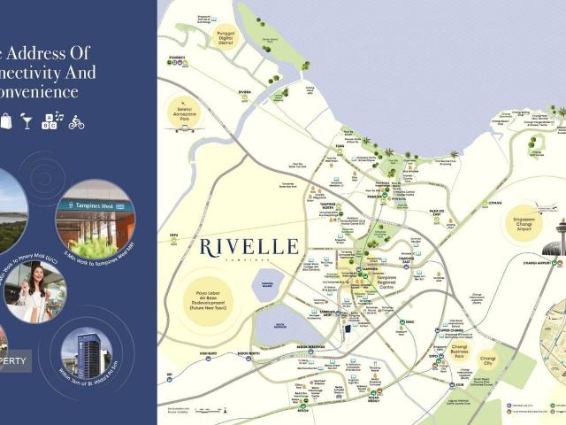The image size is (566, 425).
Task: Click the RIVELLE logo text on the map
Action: (249, 247)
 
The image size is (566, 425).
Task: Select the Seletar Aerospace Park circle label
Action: (184, 114)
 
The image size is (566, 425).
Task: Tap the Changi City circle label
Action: (487, 361)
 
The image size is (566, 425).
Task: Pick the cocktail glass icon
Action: (27, 121)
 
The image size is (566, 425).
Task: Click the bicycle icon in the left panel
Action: (76, 122)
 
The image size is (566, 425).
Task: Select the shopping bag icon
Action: (5, 121)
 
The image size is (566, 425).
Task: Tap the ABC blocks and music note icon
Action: (52, 121)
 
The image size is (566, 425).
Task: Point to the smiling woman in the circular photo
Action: (34, 291)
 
